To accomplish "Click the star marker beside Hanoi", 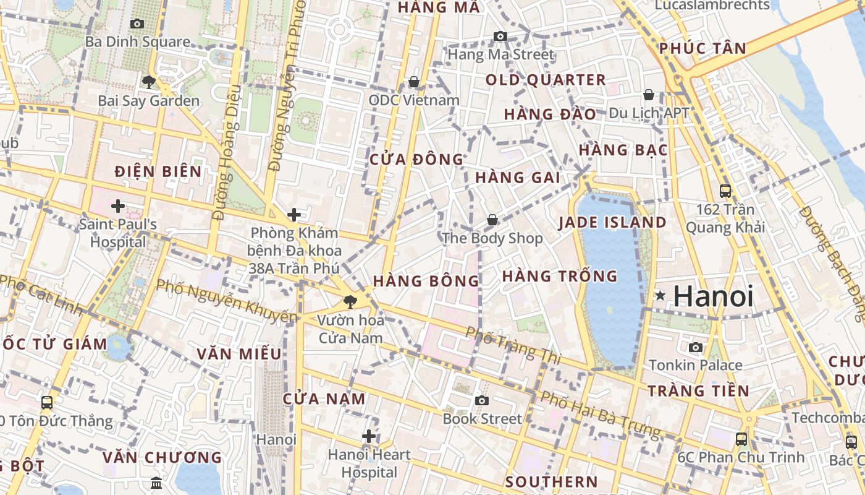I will tap(660, 296).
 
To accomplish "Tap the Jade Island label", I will tap(612, 223).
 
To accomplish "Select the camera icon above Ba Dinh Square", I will tap(137, 24).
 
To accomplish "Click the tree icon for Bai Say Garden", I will tap(148, 82).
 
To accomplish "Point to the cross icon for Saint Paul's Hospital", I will tap(117, 205).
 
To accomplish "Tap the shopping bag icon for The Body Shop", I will tap(492, 220).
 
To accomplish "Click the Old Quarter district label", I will tap(546, 80).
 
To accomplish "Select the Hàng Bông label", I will tap(426, 281).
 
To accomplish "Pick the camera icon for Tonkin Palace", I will tap(696, 347).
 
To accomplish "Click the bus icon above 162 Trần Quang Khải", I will tap(725, 191).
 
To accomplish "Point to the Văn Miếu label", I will tap(239, 354).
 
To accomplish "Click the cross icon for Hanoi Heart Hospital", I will tap(369, 436).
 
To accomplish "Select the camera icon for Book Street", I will tap(482, 400).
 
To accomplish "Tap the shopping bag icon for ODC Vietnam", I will tap(413, 82).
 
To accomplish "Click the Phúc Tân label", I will tap(703, 48).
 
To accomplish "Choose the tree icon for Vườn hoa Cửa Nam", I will tap(350, 302).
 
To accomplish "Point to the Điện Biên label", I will tap(158, 171).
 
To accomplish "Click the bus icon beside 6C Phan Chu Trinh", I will tap(741, 439).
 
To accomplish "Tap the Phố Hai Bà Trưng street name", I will tap(600, 413).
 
